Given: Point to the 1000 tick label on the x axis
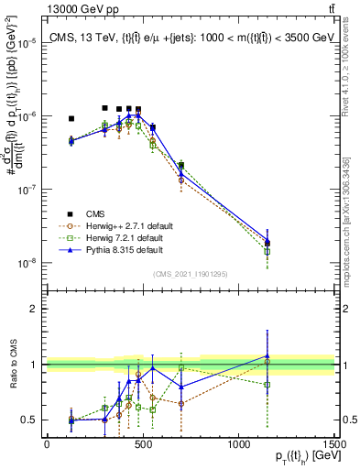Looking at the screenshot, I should click(238, 444).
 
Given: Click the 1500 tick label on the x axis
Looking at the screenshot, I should click(334, 444).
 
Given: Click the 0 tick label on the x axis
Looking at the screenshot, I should click(47, 444).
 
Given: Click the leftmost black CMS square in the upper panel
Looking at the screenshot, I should click(71, 118).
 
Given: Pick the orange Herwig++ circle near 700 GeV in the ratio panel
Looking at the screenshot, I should click(181, 404).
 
